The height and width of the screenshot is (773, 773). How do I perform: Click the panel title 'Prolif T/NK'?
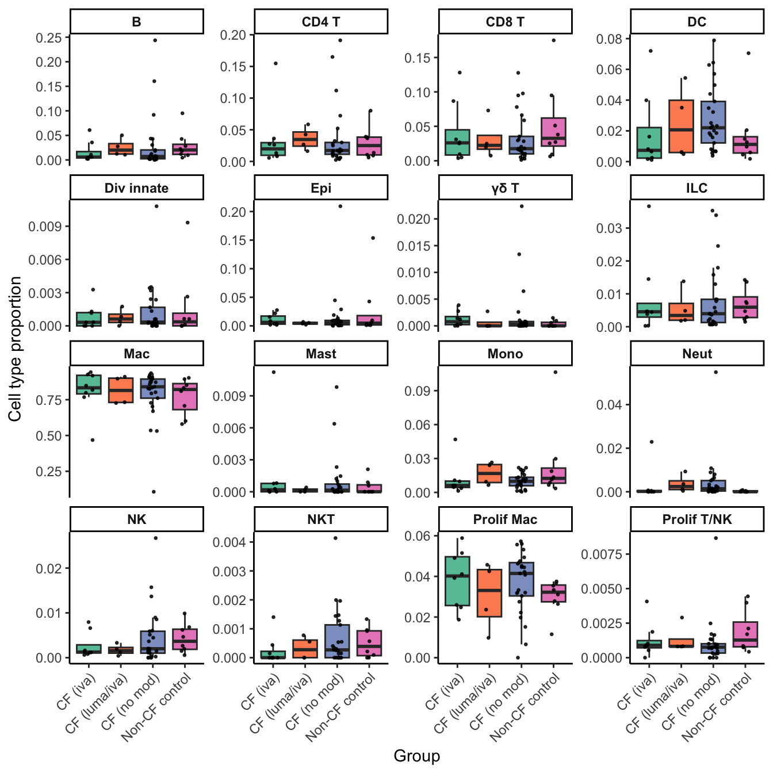coord(697,519)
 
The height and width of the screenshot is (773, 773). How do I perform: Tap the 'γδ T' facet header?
coord(505,188)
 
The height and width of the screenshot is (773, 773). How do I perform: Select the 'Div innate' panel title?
coord(136,188)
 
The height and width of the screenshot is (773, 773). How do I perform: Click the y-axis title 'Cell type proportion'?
coord(16,349)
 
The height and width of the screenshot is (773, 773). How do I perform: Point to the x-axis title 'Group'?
coord(416,756)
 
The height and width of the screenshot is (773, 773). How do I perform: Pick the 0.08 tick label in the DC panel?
coord(609,39)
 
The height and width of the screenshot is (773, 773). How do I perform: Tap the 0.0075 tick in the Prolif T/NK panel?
coord(601,554)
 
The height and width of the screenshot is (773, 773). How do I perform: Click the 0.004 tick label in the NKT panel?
coord(229,542)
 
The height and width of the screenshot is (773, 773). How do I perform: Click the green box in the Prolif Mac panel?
coord(457,581)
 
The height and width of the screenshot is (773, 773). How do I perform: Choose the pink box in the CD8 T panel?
coord(553,132)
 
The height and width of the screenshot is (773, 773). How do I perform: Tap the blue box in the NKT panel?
coord(337,641)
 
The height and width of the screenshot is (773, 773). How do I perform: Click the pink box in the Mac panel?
coord(185,397)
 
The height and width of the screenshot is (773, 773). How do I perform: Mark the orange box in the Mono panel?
coord(489,473)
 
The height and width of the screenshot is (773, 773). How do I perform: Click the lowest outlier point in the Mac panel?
coord(154,492)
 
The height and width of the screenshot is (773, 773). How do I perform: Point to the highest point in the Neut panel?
coord(715,372)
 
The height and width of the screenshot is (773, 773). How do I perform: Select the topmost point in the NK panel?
coord(155,538)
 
